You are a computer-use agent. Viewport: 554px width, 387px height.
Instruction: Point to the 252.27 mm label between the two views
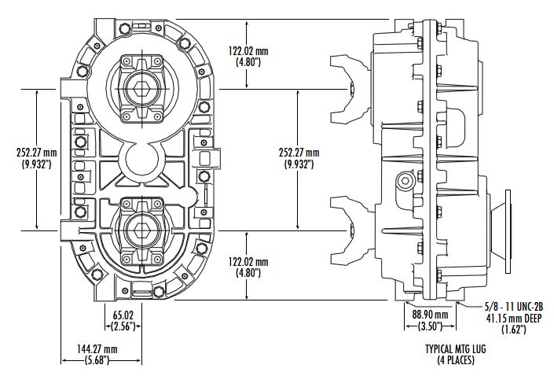[x=300, y=153]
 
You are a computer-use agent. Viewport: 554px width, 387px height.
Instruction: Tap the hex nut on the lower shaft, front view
[x=141, y=229]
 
